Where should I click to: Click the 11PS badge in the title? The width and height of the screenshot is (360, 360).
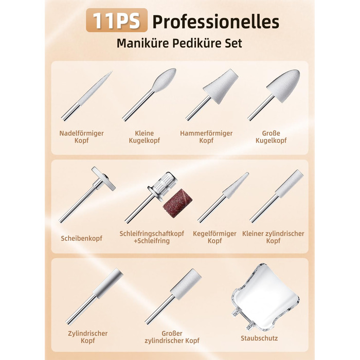click(117, 20)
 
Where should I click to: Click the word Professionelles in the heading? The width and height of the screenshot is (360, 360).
click(216, 22)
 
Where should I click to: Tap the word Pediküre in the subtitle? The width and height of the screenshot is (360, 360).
click(197, 43)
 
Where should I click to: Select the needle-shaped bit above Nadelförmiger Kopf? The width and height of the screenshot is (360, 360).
click(87, 96)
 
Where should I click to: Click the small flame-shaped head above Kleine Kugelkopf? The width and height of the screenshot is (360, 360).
click(164, 80)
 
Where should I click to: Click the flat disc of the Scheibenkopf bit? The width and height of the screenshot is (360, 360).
click(103, 178)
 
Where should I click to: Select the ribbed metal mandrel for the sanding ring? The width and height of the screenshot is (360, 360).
click(160, 184)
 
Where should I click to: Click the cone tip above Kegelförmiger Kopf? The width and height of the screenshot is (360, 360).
click(236, 185)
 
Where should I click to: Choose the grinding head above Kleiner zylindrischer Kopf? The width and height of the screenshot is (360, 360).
click(289, 183)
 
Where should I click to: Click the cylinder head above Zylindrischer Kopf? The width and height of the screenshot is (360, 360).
click(108, 283)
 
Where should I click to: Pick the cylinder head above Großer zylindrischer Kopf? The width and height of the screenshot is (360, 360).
click(186, 284)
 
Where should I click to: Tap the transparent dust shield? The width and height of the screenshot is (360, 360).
click(265, 297)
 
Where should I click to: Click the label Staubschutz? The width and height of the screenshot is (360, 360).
click(259, 338)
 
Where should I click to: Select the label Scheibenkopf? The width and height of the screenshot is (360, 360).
click(81, 238)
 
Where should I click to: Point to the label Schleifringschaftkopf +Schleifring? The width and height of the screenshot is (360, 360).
click(152, 237)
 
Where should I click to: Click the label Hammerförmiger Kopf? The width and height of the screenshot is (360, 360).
click(206, 137)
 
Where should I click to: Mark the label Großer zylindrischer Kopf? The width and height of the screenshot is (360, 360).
click(172, 337)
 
